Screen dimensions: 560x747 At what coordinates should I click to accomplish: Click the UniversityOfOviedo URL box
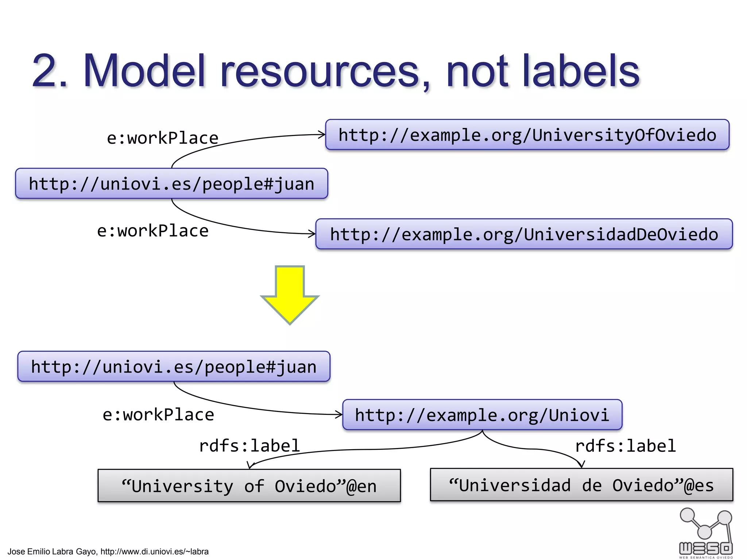[x=527, y=135]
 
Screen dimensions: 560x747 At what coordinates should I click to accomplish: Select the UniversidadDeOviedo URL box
[x=524, y=234]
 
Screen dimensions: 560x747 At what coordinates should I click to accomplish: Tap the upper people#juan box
[x=171, y=183]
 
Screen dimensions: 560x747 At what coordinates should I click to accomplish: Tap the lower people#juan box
[x=174, y=366]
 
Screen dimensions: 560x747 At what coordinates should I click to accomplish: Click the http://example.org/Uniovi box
[x=482, y=415]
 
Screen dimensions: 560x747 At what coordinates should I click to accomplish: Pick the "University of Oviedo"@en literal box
[x=249, y=486]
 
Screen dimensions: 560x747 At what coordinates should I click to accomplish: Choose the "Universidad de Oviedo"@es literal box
[x=581, y=485]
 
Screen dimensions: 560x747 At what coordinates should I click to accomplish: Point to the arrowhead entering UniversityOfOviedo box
[x=322, y=135]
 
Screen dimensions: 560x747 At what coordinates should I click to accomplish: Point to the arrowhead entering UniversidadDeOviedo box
[x=312, y=234]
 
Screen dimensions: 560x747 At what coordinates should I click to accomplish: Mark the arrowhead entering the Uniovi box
[x=339, y=414]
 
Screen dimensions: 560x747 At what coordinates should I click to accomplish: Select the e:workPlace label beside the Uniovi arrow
[x=158, y=415]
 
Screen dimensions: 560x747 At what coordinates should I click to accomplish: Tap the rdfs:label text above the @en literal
[x=249, y=446]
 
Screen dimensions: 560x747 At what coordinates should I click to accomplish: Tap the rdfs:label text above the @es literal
[x=625, y=446]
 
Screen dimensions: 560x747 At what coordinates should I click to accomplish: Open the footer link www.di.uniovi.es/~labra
[x=154, y=552]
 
